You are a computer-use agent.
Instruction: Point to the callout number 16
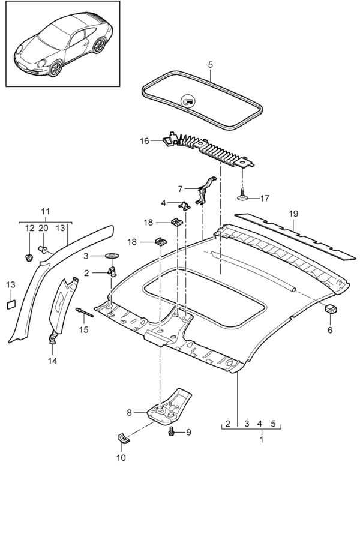[x=144, y=141]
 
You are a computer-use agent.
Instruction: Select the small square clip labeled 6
[x=330, y=310]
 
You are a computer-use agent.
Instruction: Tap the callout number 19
[x=293, y=214]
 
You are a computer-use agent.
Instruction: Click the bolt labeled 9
[x=173, y=431]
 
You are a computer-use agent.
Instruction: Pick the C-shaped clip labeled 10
[x=123, y=438]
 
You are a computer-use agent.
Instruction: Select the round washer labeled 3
[x=112, y=256]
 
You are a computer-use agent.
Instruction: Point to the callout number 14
[x=53, y=361]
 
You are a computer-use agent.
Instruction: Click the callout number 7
[x=181, y=188]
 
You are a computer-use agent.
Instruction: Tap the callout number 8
[x=129, y=412]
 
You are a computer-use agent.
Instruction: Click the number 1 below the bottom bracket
[x=261, y=440]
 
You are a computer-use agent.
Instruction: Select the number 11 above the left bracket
[x=46, y=211]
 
